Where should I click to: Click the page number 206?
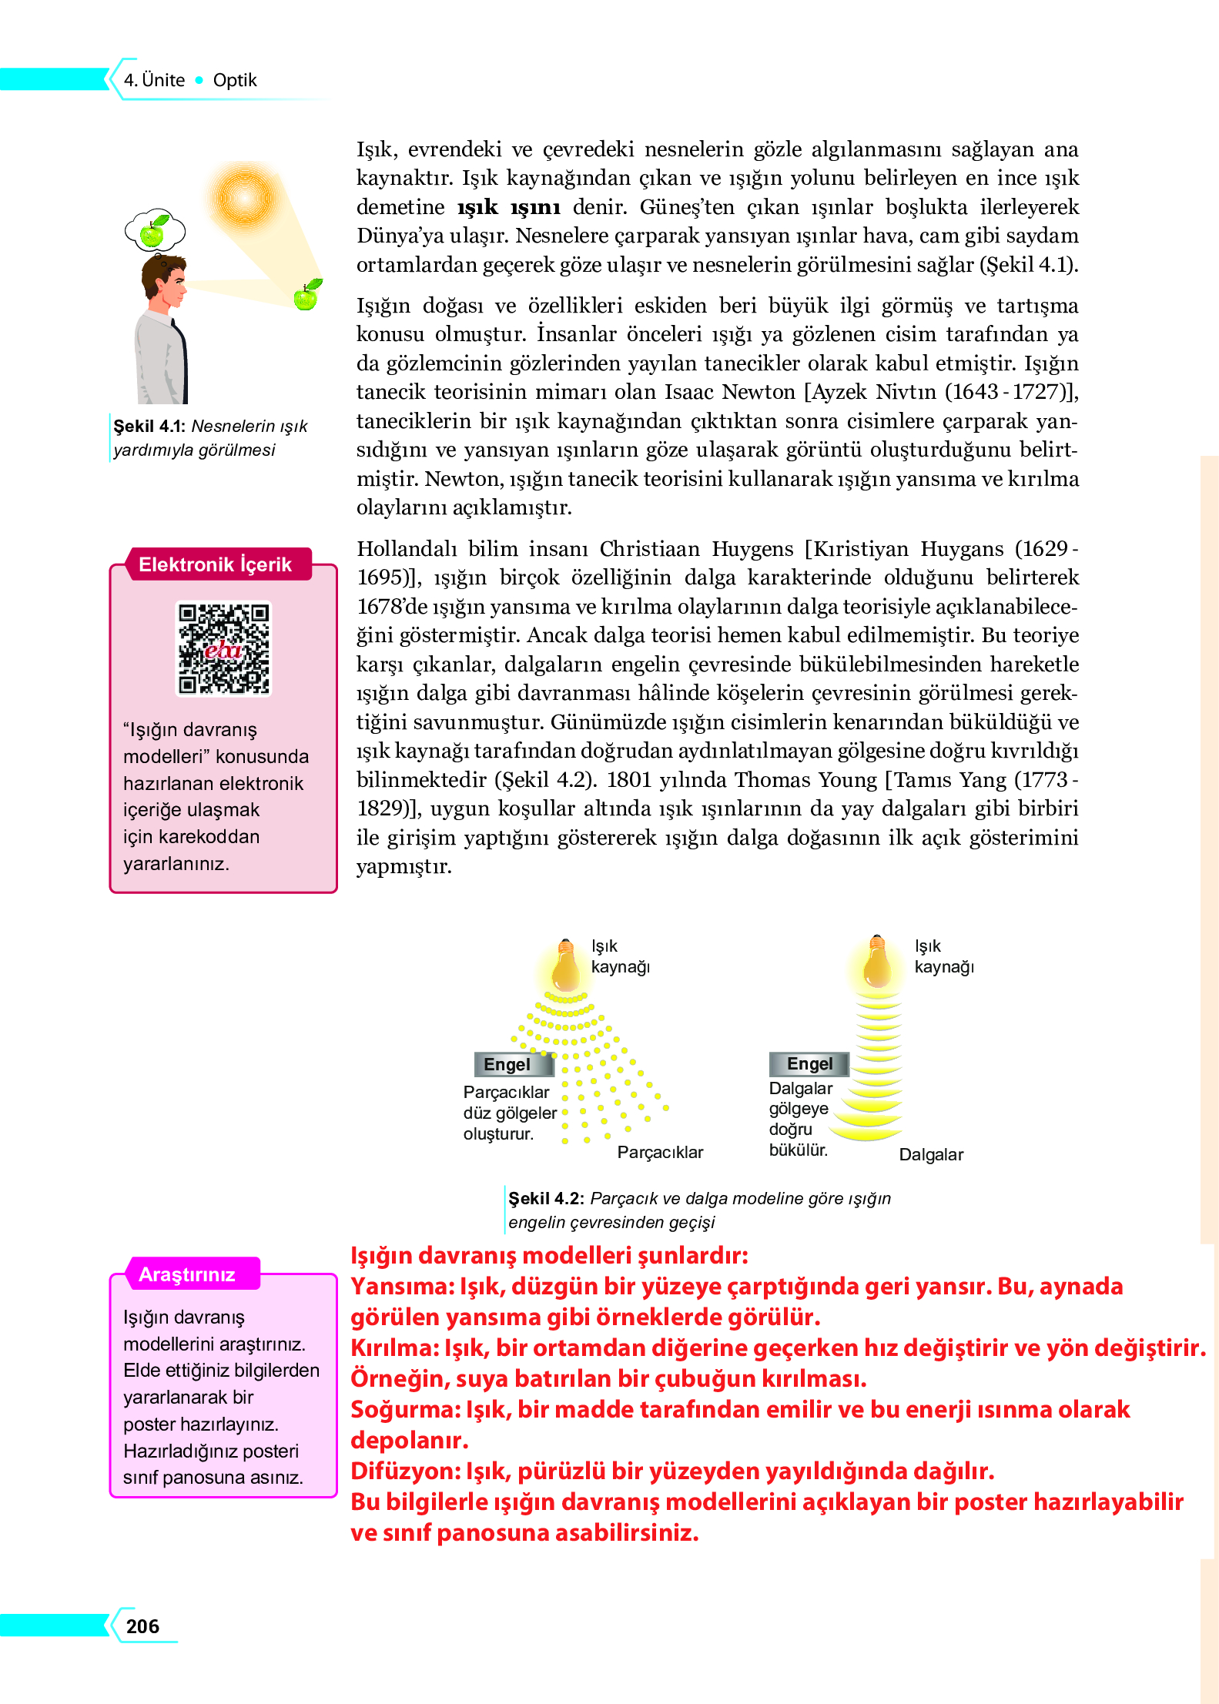click(x=142, y=1625)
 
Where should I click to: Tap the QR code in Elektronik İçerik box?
click(x=223, y=648)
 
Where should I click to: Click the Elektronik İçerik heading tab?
click(x=215, y=564)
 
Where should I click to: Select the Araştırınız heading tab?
click(x=187, y=1274)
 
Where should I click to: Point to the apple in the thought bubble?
click(x=154, y=231)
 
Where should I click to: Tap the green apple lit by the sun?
click(x=307, y=296)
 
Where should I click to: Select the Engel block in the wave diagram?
click(x=809, y=1063)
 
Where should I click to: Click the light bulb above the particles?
click(x=566, y=966)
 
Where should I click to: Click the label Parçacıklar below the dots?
click(x=660, y=1152)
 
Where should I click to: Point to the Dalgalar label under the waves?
click(x=931, y=1154)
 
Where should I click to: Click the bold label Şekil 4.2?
click(x=546, y=1198)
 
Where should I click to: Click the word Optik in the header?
click(x=235, y=80)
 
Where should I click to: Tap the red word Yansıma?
click(x=402, y=1287)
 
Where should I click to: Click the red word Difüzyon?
click(x=406, y=1471)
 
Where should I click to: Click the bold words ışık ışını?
click(x=508, y=207)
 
